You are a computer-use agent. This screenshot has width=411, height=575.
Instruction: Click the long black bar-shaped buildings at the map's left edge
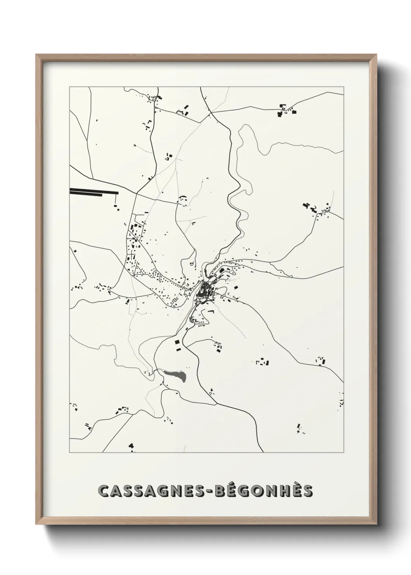pyautogui.click(x=93, y=191)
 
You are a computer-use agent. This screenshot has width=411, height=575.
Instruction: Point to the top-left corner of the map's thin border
pyautogui.click(x=70, y=87)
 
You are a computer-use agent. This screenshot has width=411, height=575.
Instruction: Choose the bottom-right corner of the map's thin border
pyautogui.click(x=343, y=453)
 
